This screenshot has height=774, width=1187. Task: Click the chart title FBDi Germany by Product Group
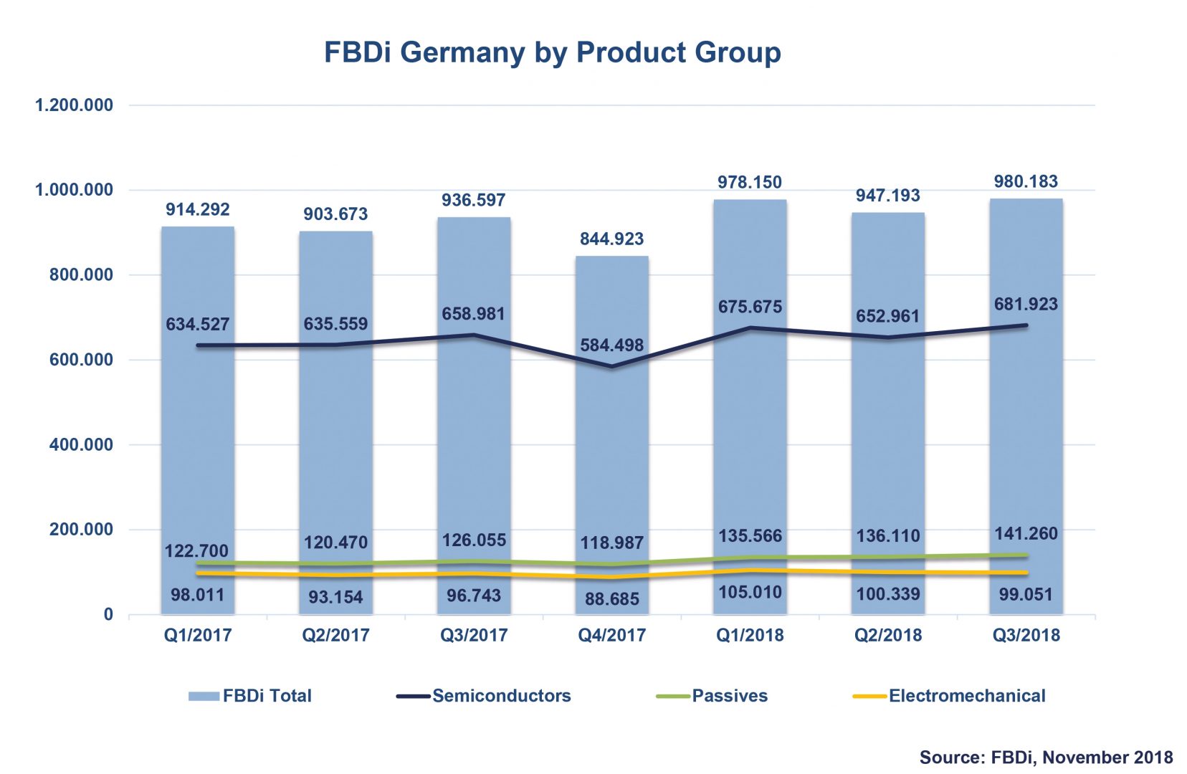tap(552, 52)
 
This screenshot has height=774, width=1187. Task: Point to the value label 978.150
tap(750, 182)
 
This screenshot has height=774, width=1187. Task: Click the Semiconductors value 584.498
tap(611, 345)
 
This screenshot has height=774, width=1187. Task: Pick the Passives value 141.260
tap(1026, 533)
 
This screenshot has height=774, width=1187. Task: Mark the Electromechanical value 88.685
tap(611, 598)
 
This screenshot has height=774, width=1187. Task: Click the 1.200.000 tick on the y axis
tap(74, 105)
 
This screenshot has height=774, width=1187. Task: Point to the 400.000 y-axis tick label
tap(81, 444)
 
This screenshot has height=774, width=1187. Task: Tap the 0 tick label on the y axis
tap(108, 614)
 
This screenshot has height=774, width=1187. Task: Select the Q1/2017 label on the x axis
tap(198, 635)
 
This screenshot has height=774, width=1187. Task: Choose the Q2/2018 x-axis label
tap(887, 635)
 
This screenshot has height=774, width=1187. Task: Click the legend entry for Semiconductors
tap(501, 696)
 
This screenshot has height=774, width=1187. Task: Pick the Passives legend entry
tap(729, 696)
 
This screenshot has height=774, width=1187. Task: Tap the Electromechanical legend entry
tap(966, 696)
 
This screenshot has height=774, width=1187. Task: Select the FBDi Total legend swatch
tap(204, 697)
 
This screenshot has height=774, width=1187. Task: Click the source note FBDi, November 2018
tap(1046, 757)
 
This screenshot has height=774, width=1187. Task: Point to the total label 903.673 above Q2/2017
tap(335, 214)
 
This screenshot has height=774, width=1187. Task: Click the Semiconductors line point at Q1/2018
tap(750, 328)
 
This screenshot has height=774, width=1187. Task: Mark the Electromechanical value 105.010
tap(750, 592)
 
